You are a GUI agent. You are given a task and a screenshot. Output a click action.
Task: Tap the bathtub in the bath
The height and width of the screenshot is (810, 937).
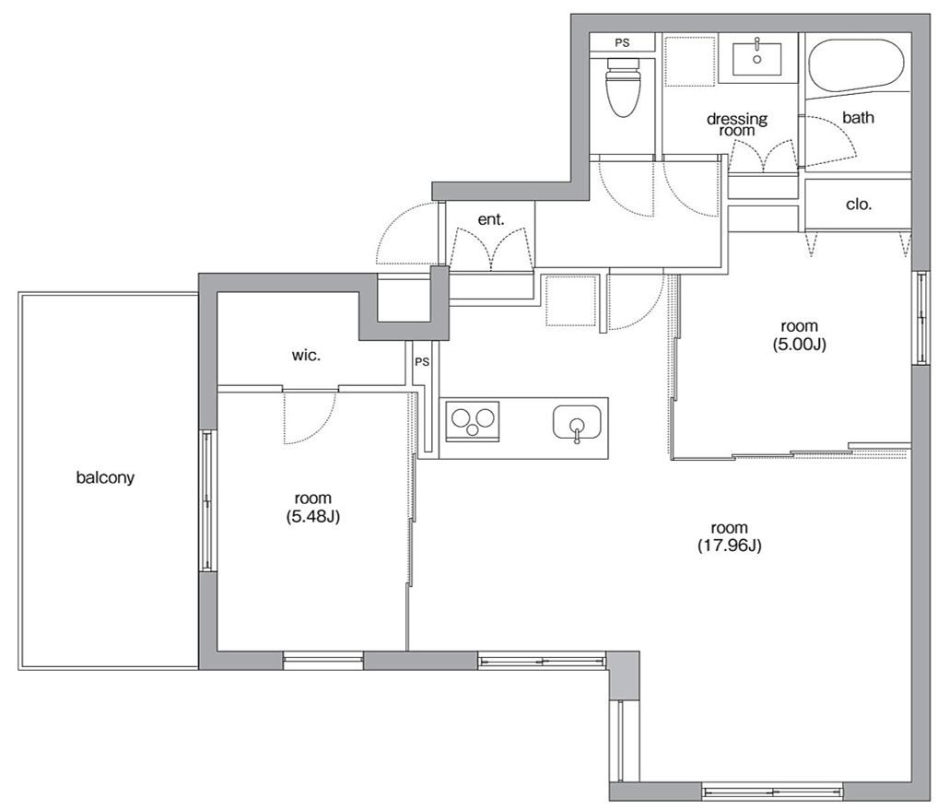[x=857, y=67]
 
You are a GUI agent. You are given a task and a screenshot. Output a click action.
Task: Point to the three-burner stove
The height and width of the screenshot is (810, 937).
[x=473, y=421]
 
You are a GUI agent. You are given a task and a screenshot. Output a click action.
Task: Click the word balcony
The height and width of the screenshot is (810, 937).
[x=105, y=477]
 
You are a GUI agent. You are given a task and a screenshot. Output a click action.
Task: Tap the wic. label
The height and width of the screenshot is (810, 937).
[x=306, y=355]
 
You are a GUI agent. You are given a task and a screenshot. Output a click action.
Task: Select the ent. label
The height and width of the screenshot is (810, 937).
[x=491, y=219]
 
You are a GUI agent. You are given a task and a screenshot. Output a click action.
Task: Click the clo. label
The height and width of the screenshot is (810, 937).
[x=859, y=205]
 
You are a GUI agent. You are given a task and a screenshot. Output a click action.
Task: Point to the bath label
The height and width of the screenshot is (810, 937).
[x=858, y=118]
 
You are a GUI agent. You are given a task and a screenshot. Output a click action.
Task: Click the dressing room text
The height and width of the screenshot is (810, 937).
[x=737, y=124]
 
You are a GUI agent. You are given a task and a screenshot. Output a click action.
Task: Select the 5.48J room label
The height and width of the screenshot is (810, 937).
[x=313, y=507]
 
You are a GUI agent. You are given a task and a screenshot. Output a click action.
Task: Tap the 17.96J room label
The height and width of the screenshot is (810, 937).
[x=729, y=536]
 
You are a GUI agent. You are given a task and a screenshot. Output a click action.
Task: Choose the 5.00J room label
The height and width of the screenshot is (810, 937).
[x=799, y=335]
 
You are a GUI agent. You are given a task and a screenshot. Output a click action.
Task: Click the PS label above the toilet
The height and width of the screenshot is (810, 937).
[x=622, y=43]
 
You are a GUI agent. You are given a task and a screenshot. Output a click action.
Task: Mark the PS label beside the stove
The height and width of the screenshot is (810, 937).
[x=422, y=362]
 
